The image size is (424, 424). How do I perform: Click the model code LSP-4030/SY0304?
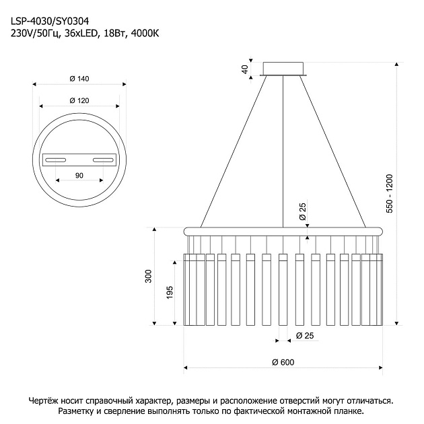(50, 21)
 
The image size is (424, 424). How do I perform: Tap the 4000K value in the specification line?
(145, 34)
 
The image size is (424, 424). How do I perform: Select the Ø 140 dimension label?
(79, 79)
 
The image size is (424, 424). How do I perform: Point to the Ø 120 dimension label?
(79, 100)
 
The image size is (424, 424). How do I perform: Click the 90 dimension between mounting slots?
(79, 176)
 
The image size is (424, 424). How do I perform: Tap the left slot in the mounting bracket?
(55, 160)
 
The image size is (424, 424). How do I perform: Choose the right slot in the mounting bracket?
(103, 160)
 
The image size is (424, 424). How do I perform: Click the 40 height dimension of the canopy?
(245, 69)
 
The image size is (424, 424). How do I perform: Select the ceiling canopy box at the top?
(283, 69)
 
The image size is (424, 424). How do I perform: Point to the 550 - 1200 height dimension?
(390, 194)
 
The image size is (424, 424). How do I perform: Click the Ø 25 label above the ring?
(303, 211)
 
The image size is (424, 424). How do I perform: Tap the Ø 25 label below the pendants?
(305, 336)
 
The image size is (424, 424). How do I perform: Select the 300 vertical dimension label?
(149, 276)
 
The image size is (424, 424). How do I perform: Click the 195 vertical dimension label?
(170, 292)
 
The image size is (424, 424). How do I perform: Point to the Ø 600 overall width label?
(283, 362)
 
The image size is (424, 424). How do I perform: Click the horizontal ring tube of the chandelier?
(283, 232)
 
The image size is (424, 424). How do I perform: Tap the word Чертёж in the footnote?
(42, 400)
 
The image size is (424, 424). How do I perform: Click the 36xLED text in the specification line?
(81, 34)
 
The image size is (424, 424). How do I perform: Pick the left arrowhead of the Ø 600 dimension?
(186, 367)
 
